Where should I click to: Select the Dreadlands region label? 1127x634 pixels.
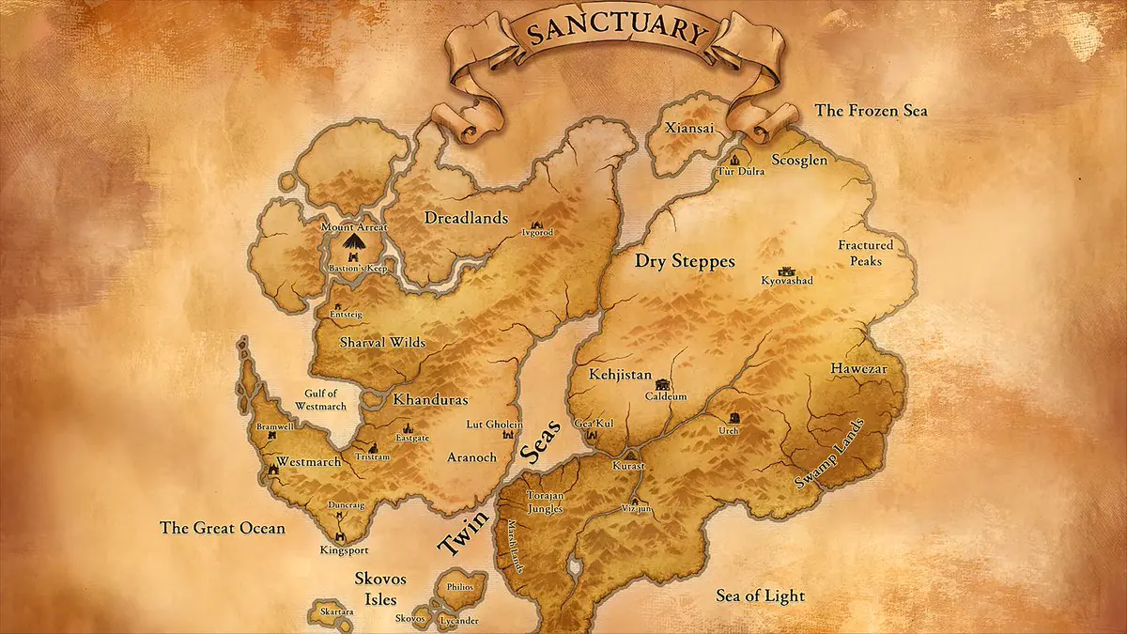[x=466, y=216]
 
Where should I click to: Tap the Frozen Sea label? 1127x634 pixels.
[x=871, y=111]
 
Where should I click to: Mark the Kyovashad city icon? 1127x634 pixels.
[x=786, y=270]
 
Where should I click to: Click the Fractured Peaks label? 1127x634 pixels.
[x=865, y=254]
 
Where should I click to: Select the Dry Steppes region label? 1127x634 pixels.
[x=685, y=261]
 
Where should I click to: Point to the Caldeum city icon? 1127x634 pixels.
[x=664, y=384]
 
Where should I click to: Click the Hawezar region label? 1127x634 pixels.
[x=858, y=369]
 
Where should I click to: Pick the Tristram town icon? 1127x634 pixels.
[x=372, y=447]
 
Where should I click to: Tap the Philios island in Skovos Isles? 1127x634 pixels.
[x=460, y=588]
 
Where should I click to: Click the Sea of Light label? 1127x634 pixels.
[x=760, y=595]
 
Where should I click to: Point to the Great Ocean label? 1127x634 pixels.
[x=223, y=528]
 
